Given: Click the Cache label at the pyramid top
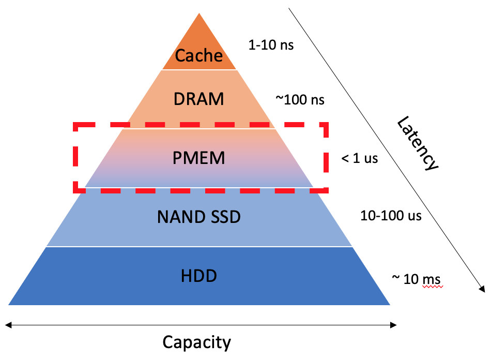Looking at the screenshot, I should pyautogui.click(x=199, y=55).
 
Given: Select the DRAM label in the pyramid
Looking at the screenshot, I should pyautogui.click(x=199, y=99).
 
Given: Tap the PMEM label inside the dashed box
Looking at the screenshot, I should pyautogui.click(x=199, y=158).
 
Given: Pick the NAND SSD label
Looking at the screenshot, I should pyautogui.click(x=199, y=217).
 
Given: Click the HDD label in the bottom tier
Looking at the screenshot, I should pyautogui.click(x=199, y=276).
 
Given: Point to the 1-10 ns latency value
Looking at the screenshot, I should pyautogui.click(x=271, y=45).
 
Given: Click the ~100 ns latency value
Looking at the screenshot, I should pyautogui.click(x=300, y=99).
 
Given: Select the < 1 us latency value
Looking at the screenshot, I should pyautogui.click(x=359, y=158).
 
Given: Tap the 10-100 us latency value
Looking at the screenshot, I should pyautogui.click(x=391, y=215).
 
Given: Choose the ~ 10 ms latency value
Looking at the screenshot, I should pyautogui.click(x=416, y=279).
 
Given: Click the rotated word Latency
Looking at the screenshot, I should pyautogui.click(x=418, y=143).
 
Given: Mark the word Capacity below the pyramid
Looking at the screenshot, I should pyautogui.click(x=196, y=342).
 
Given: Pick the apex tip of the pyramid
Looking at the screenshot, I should pyautogui.click(x=199, y=14).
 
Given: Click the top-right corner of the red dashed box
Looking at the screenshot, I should pyautogui.click(x=327, y=125).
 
